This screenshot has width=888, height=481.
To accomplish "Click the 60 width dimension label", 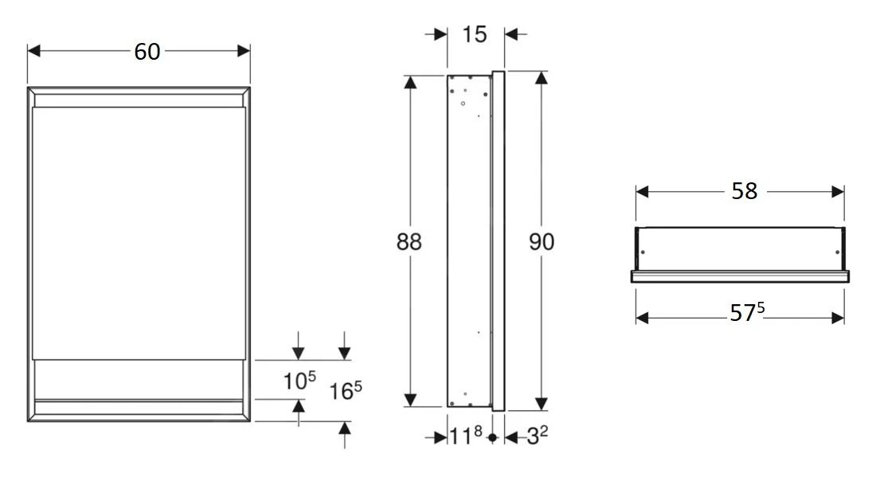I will (x=147, y=52).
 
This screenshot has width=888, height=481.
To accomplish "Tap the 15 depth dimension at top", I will (x=475, y=34).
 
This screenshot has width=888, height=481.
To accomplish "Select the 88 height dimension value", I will (x=409, y=242).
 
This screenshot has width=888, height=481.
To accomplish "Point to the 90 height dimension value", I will (x=542, y=242).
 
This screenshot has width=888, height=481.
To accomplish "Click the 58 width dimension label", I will (x=744, y=192).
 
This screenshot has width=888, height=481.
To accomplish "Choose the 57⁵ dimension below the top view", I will (x=747, y=315).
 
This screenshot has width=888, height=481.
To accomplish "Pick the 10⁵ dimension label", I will (x=298, y=381).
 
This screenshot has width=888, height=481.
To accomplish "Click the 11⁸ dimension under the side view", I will (x=467, y=437).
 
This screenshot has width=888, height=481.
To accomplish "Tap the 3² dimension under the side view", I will (x=535, y=437).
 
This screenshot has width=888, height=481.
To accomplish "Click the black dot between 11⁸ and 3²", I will (x=492, y=437).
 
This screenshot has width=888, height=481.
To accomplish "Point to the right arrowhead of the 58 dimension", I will (x=838, y=192).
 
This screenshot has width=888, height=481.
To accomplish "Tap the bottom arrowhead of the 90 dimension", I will (x=542, y=404).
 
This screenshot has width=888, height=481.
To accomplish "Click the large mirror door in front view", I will (x=139, y=231).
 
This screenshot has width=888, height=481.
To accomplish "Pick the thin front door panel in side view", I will (x=499, y=239).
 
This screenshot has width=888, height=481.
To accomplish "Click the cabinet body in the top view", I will (x=739, y=248).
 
